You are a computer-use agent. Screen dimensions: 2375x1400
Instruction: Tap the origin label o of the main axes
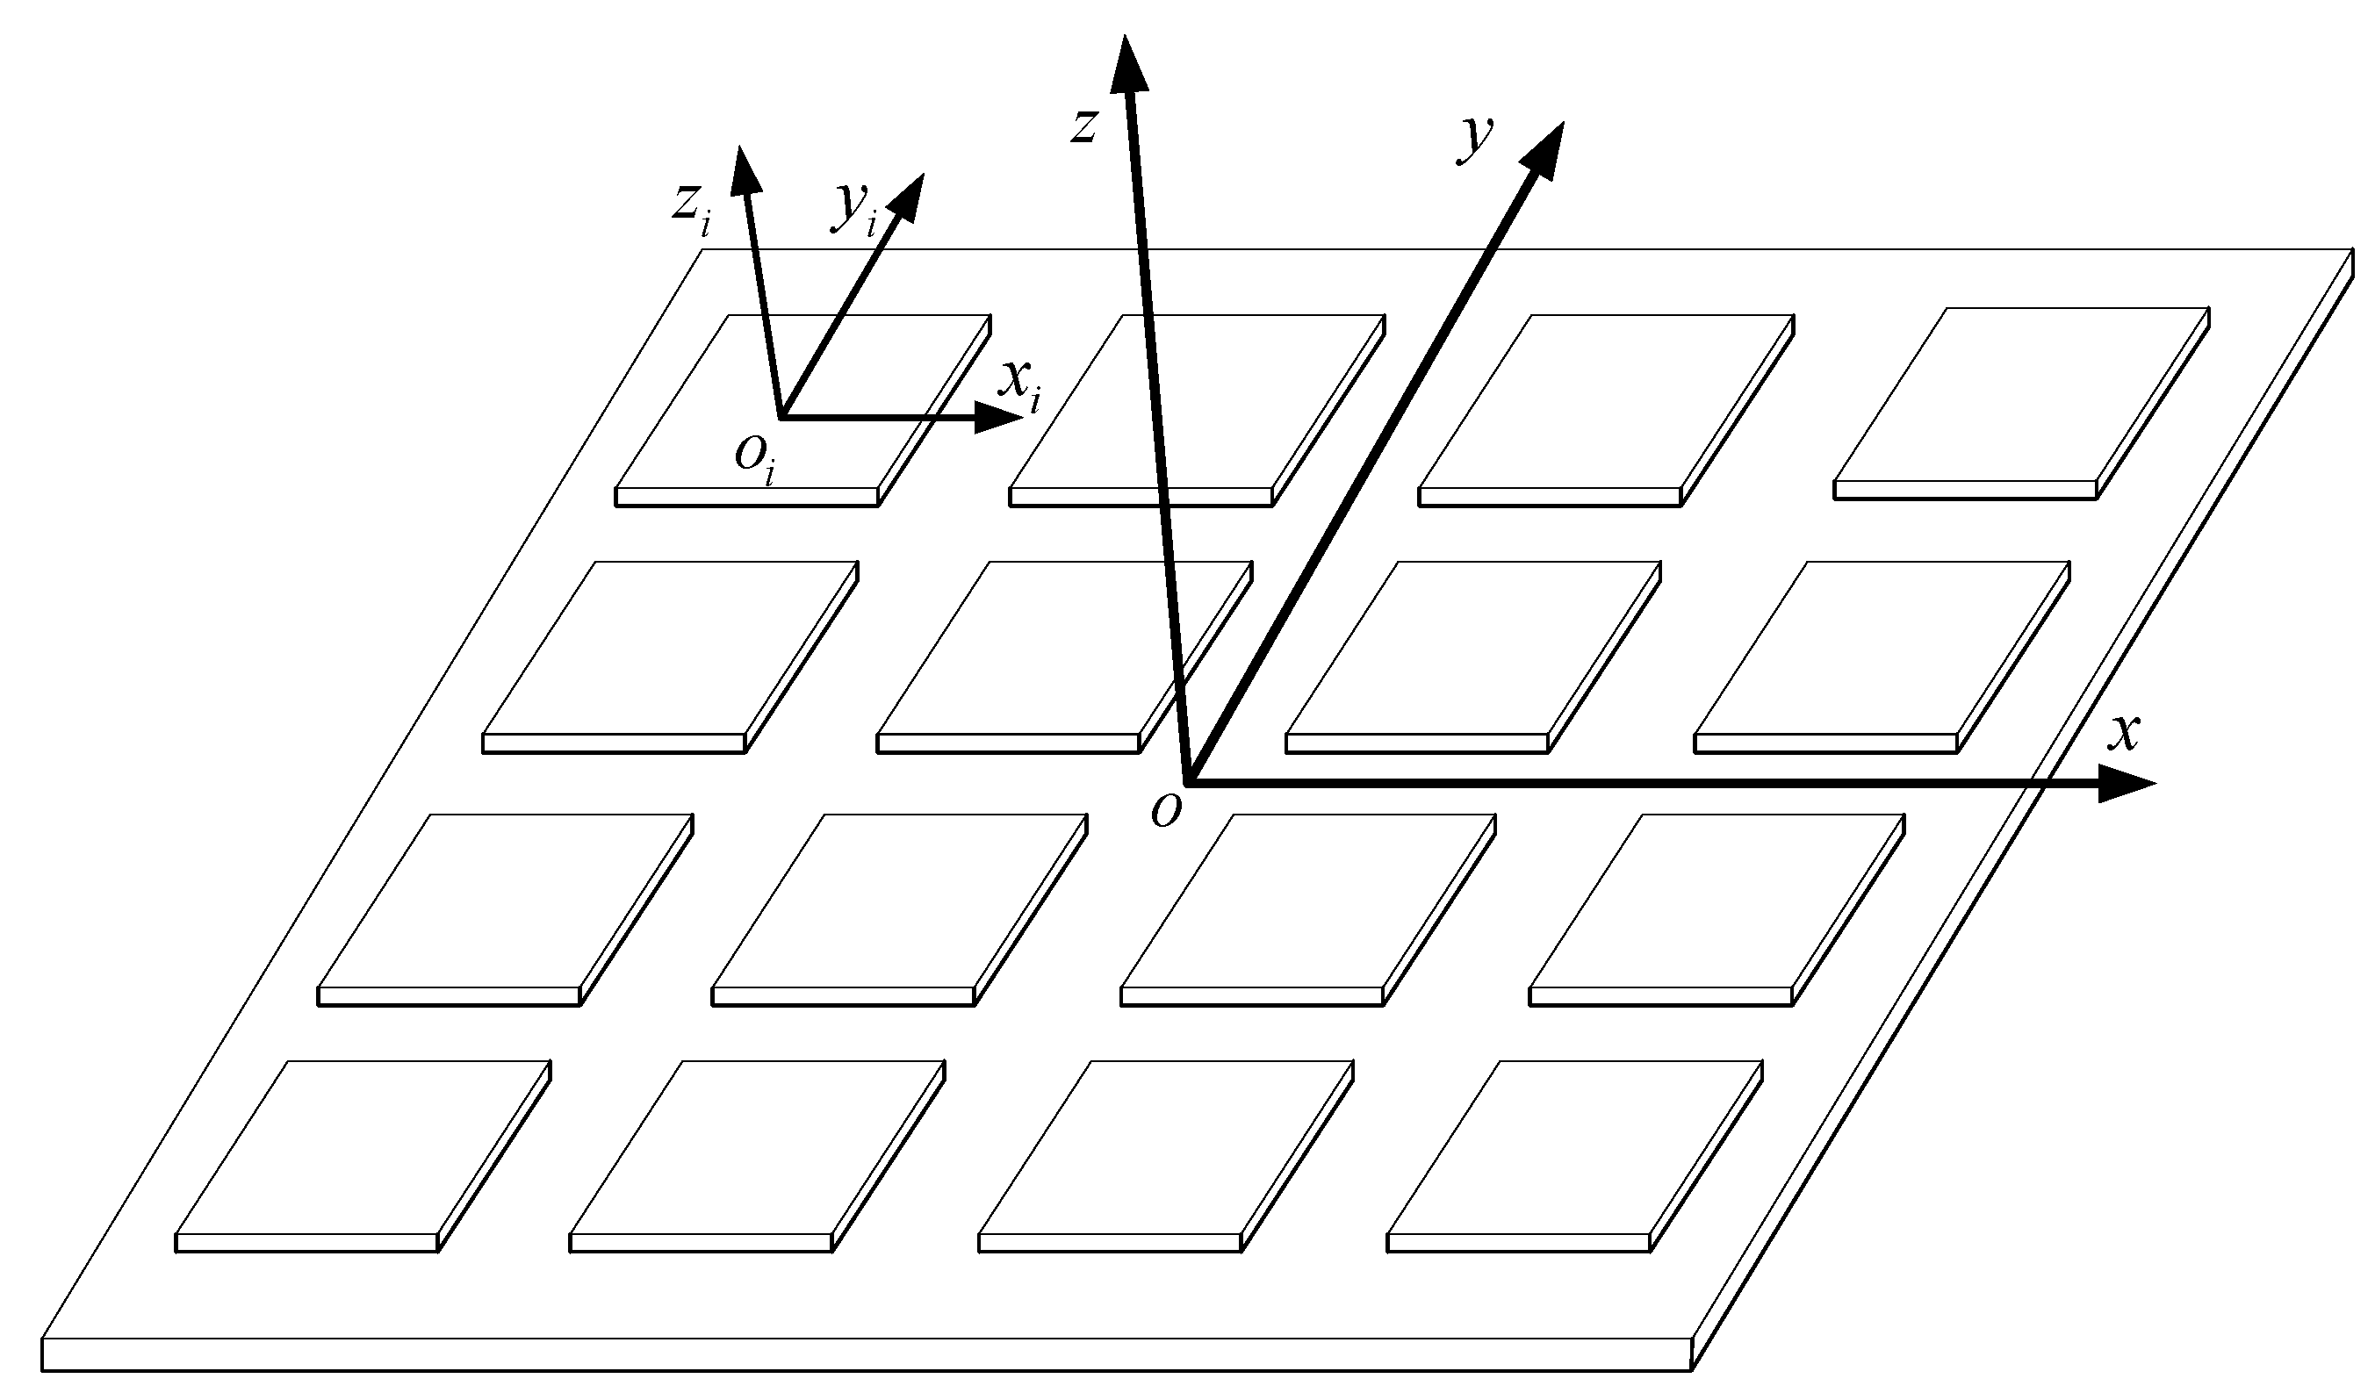[1166, 810]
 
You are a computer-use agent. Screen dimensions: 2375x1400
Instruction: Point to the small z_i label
[692, 206]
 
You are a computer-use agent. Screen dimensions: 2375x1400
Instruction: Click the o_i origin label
[756, 458]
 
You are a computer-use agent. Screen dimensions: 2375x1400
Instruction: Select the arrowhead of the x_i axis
[997, 417]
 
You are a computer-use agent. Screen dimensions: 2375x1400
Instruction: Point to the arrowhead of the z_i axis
[745, 169]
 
